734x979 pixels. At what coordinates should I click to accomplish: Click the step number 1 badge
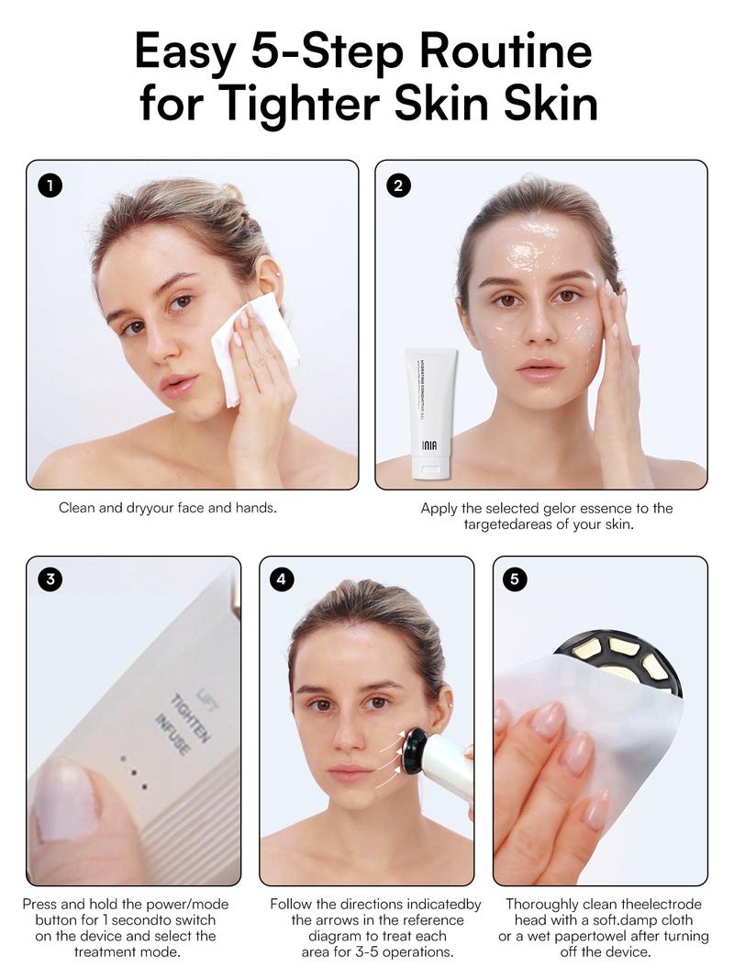click(x=50, y=185)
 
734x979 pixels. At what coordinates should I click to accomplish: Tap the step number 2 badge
click(x=398, y=185)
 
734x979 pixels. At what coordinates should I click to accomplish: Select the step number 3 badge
click(x=50, y=580)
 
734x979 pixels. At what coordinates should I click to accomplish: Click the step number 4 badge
click(x=283, y=580)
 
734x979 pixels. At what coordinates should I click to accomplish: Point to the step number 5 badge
click(x=516, y=580)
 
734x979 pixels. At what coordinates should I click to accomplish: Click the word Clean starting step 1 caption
click(x=77, y=507)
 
